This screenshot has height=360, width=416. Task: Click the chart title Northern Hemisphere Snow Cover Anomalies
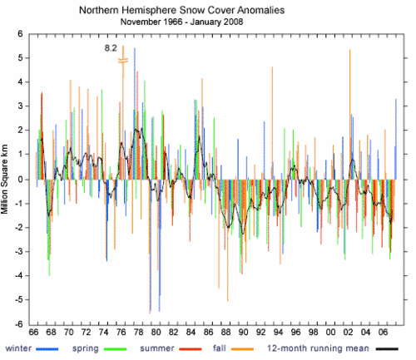click(181, 10)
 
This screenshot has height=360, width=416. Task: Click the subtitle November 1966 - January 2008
click(181, 22)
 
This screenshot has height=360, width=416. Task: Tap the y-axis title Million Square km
click(4, 180)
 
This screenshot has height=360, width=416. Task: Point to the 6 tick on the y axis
click(20, 34)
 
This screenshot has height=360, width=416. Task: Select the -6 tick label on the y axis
click(18, 324)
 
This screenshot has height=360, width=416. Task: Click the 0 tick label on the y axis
click(20, 180)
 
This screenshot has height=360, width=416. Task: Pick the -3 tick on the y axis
click(18, 251)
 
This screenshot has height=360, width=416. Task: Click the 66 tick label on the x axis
click(33, 332)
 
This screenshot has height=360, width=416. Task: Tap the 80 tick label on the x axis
click(156, 332)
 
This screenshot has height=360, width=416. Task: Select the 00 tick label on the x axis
click(330, 332)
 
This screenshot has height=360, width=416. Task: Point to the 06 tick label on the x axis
click(383, 332)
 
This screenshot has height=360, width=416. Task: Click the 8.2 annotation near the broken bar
click(111, 48)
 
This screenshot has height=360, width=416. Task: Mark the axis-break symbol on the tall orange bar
click(123, 61)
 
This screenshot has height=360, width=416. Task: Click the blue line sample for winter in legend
click(47, 349)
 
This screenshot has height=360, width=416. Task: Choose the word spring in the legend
click(86, 348)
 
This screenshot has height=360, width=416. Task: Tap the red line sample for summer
click(191, 349)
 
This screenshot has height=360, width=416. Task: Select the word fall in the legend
click(220, 348)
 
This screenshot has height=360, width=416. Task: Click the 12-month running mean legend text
click(318, 348)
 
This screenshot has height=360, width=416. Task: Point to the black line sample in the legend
click(387, 349)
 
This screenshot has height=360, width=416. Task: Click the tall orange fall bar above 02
click(350, 115)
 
